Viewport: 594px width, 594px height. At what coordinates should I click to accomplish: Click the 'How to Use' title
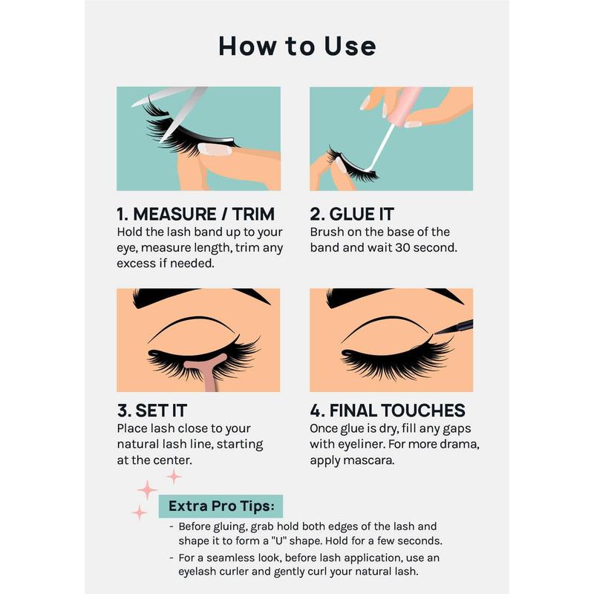(298, 46)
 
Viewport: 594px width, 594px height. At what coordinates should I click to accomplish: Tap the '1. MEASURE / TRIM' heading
(195, 214)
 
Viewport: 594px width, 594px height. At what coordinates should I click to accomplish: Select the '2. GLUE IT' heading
(352, 214)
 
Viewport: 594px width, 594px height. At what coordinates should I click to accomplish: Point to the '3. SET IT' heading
(152, 411)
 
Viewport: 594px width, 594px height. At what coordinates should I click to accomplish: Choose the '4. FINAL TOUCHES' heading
(388, 411)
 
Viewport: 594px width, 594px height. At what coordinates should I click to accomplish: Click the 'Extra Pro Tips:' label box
(221, 506)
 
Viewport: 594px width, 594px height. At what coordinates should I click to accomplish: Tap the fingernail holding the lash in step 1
(215, 149)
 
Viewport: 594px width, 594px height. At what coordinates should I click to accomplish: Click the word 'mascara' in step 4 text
(370, 460)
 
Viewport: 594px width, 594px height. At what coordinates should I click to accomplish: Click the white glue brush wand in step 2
(382, 146)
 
